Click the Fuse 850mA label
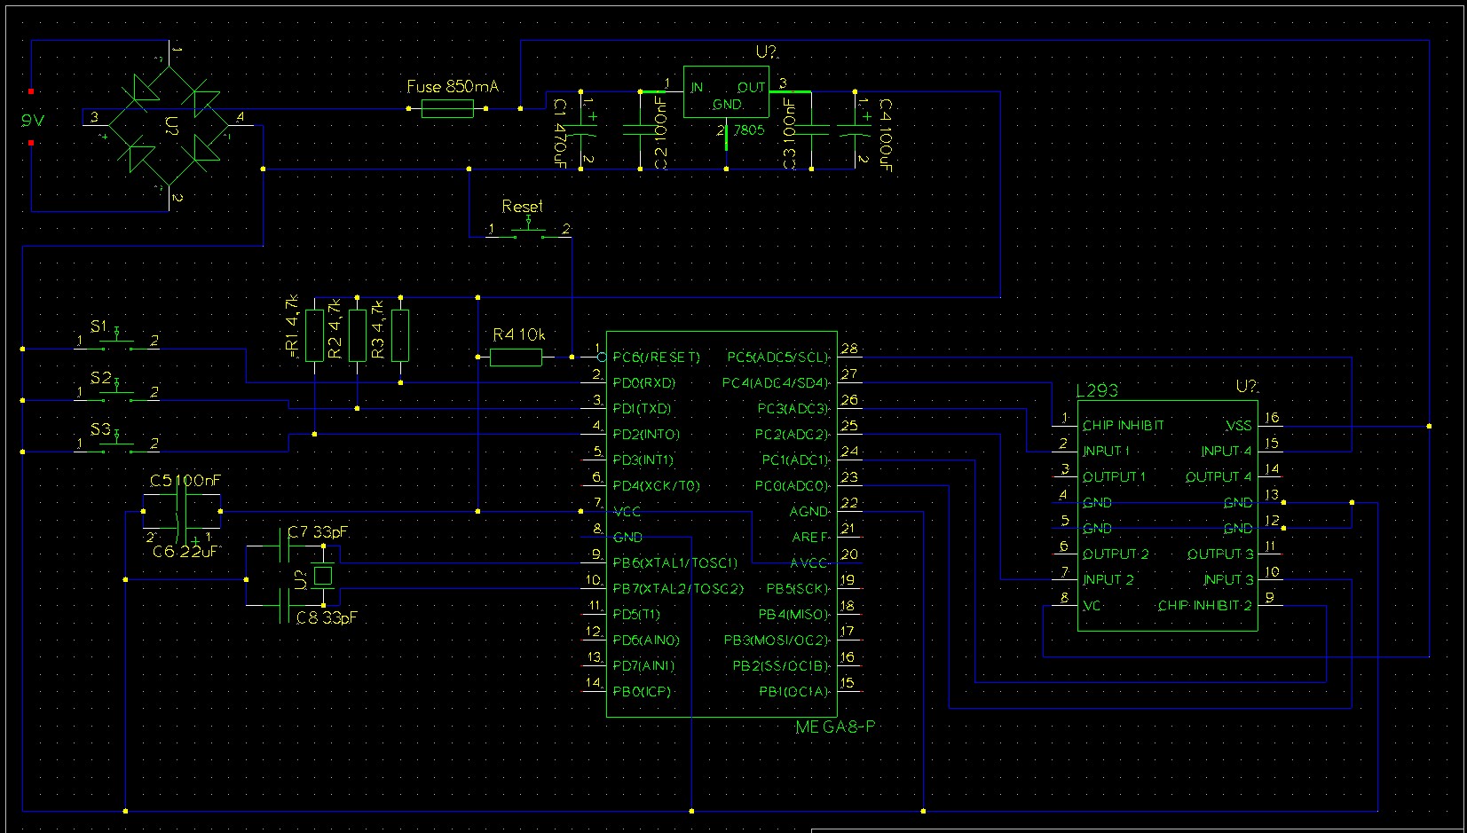pos(453,87)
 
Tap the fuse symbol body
pos(447,109)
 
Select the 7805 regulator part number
pos(748,130)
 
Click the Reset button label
pos(522,206)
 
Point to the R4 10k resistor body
pos(516,358)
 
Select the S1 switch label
pos(99,326)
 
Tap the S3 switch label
pos(100,430)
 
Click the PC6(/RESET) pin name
pos(656,358)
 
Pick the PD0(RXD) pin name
pos(643,383)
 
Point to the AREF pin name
pos(809,538)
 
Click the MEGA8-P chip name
pos(835,727)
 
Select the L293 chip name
pos(1097,390)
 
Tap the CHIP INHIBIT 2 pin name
pos(1204,606)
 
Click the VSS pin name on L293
pos(1238,426)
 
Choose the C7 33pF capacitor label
pos(318,532)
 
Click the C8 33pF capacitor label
pos(327,617)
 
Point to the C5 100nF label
pos(185,481)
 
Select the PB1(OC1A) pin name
pos(793,692)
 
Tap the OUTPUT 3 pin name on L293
pos(1220,554)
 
